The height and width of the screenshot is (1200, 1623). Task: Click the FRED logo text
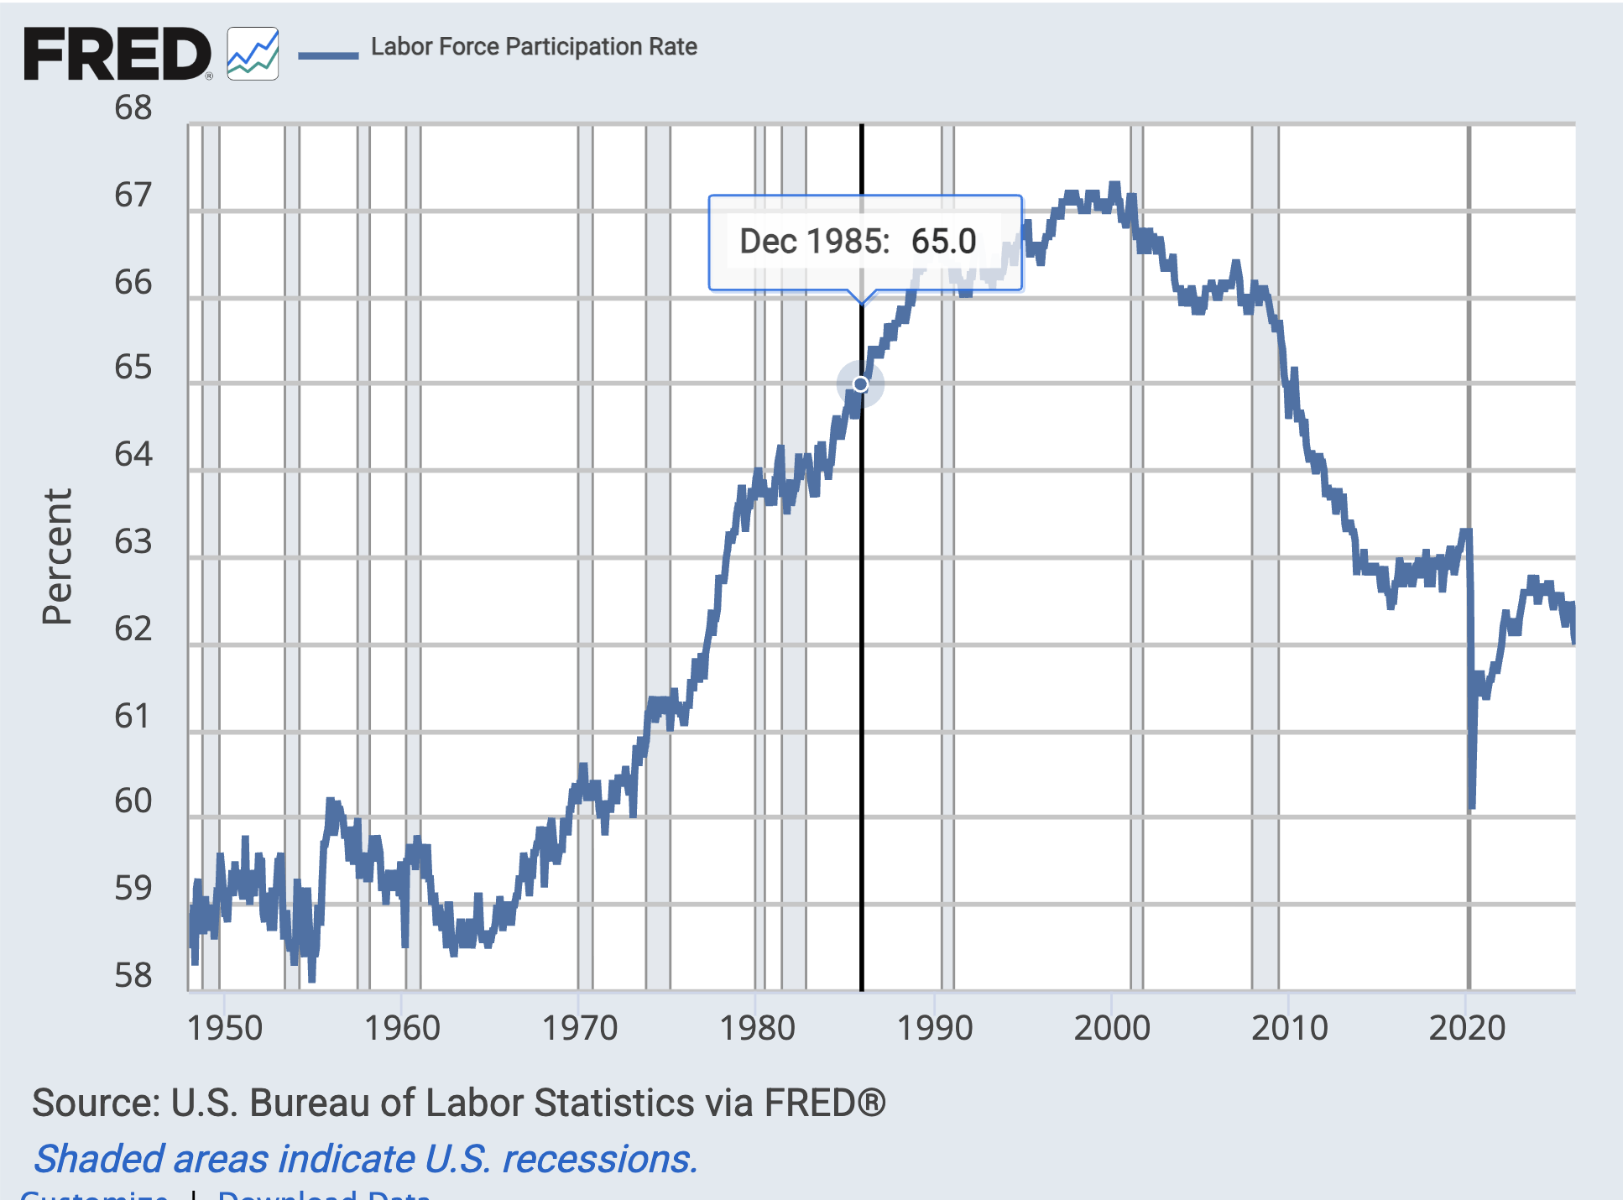click(117, 54)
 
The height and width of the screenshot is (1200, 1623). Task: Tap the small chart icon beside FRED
click(253, 54)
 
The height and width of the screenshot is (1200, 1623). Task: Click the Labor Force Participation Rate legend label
click(534, 47)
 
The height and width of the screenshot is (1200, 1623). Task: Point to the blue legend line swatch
click(328, 55)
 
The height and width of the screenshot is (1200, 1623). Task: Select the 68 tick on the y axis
click(133, 108)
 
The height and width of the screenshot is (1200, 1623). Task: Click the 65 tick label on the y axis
click(133, 368)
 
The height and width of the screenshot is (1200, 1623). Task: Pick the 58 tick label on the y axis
click(133, 975)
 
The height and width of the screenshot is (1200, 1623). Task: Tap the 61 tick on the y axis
click(133, 716)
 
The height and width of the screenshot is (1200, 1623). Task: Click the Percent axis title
click(57, 556)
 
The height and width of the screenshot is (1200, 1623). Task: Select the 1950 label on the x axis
click(224, 1028)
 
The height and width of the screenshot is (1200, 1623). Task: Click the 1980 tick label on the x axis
click(757, 1028)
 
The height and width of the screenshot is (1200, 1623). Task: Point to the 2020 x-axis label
click(1467, 1028)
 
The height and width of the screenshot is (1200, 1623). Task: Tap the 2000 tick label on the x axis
click(1112, 1028)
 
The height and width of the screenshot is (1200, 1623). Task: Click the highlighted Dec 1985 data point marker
click(861, 384)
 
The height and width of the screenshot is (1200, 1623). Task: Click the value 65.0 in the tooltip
click(943, 242)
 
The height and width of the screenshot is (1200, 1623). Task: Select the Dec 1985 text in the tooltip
click(813, 242)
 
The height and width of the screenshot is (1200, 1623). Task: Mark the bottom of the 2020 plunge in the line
click(1472, 807)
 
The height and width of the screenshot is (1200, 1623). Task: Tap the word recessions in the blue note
click(599, 1159)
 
